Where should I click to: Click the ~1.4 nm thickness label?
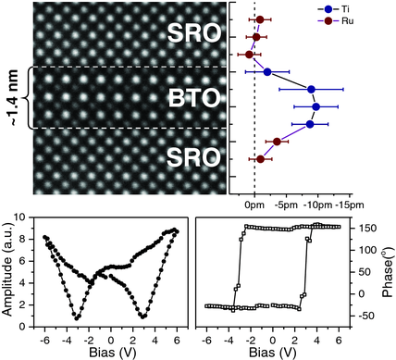(10, 97)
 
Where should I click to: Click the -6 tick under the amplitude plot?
(43, 332)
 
